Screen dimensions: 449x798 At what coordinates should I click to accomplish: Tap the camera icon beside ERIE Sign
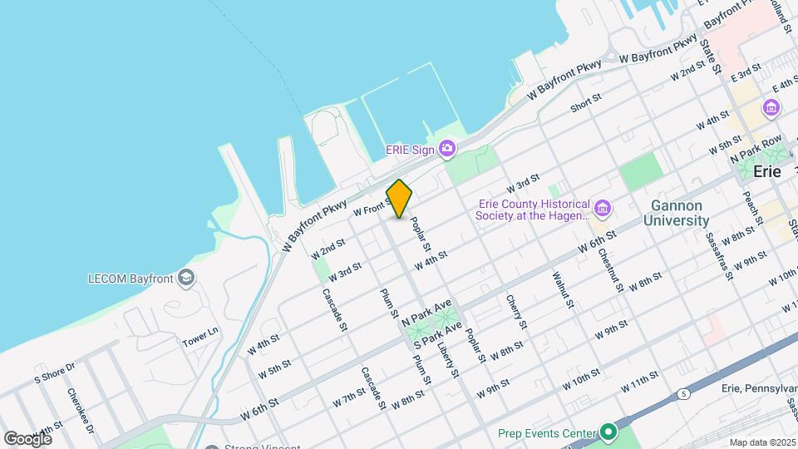(447, 149)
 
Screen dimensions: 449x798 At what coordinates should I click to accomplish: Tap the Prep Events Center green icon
(608, 432)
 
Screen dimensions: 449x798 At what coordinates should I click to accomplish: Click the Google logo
(27, 438)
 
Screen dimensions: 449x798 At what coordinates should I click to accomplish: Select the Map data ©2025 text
(762, 442)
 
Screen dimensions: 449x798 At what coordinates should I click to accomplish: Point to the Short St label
(586, 103)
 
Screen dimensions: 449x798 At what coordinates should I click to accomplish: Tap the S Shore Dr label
(54, 372)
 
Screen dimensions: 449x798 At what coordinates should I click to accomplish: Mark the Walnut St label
(564, 288)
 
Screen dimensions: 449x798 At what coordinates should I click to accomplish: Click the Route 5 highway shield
(683, 394)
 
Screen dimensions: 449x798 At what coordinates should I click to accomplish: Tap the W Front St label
(372, 210)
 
